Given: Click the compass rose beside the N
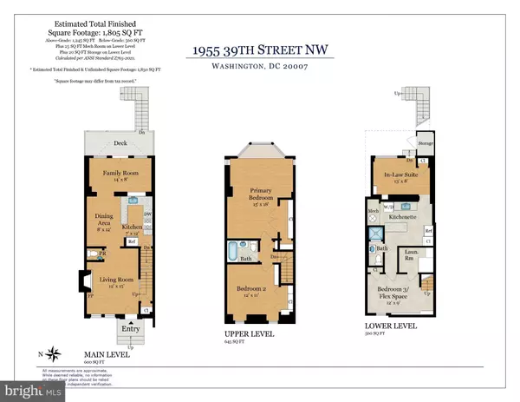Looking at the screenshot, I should [x=55, y=353].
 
